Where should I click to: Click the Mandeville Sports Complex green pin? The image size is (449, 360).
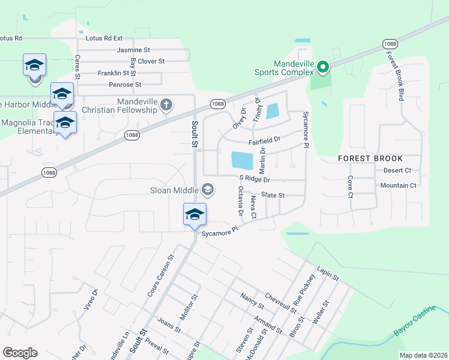click(x=323, y=67)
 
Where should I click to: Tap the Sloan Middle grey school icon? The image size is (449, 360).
click(x=208, y=190)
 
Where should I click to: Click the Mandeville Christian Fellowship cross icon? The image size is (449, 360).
click(x=167, y=106)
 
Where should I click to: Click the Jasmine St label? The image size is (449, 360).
click(x=133, y=50)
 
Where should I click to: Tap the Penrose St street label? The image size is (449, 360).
click(x=121, y=85)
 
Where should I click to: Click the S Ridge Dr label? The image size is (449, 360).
click(x=255, y=179)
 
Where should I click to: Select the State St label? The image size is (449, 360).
click(x=273, y=195)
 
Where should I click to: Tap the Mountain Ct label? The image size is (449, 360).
click(x=398, y=186)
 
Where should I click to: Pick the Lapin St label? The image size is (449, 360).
click(x=328, y=275)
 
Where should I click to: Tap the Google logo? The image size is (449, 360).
click(x=20, y=353)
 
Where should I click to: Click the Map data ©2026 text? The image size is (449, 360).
click(x=423, y=355)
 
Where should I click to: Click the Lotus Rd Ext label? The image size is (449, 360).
click(x=105, y=38)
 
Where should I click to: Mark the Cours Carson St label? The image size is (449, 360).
click(x=160, y=275)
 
